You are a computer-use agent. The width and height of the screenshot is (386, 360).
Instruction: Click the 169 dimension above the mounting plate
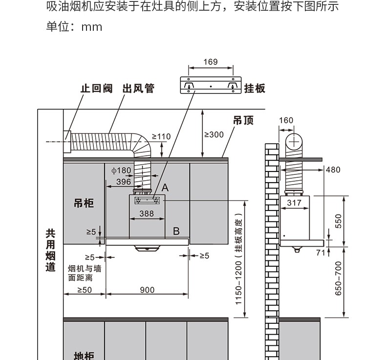point(210,62)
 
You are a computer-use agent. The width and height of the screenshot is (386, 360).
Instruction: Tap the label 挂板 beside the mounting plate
point(255,88)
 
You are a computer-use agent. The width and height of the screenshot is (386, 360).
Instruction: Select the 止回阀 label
point(96,88)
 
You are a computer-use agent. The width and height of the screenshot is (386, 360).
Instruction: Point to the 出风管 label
point(138,88)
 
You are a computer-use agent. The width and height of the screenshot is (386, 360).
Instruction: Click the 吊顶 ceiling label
point(243,120)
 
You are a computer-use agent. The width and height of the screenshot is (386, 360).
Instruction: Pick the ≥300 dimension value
point(213,135)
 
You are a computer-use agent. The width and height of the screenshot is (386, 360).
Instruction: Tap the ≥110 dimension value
point(161,137)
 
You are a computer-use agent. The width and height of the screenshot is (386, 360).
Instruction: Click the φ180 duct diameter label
point(121,170)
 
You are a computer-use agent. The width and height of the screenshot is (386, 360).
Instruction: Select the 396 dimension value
point(124,182)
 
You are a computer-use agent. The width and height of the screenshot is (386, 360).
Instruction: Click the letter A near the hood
point(165,188)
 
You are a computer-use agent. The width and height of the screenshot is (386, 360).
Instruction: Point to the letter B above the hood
point(176,231)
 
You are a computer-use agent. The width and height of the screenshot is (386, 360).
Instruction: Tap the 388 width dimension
point(147,213)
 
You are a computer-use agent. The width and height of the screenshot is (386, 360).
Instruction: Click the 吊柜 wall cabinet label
point(84,203)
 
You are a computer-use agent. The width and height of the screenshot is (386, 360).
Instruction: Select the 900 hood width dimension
point(147,290)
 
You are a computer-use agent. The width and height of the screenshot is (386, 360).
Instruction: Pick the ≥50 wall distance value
point(84,290)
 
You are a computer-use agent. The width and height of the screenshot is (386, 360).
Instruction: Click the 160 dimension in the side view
point(286,121)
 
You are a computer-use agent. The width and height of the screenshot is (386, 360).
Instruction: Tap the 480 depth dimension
point(333,170)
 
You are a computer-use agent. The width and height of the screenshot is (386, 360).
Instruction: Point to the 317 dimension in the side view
point(294,203)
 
